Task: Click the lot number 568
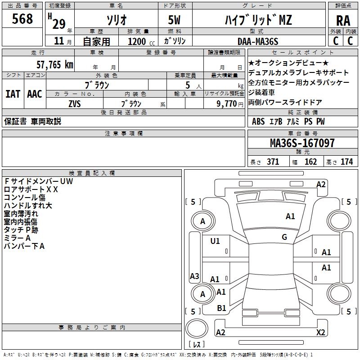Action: (x=22, y=19)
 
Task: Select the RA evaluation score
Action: (x=343, y=21)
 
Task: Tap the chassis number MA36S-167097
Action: (x=302, y=143)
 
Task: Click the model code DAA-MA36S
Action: (x=258, y=41)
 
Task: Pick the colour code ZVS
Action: (x=74, y=103)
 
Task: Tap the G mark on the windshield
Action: (x=284, y=237)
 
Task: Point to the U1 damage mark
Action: (x=215, y=241)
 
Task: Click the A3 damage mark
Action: (x=194, y=276)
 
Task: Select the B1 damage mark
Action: (x=221, y=308)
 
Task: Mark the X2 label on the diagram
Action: (x=320, y=333)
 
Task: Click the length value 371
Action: (x=272, y=162)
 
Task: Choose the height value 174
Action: (x=346, y=162)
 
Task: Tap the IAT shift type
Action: (x=13, y=94)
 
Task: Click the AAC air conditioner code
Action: (x=34, y=94)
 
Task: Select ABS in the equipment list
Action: (x=258, y=121)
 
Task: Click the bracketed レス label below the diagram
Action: (x=197, y=345)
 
